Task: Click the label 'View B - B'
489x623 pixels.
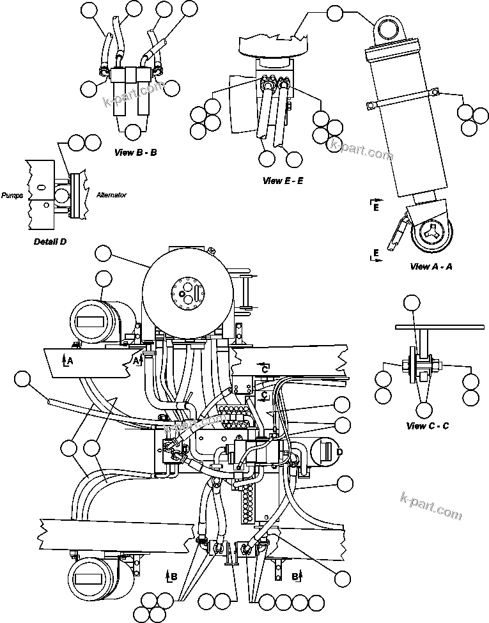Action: pyautogui.click(x=136, y=153)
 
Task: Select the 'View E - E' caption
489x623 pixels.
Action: pyautogui.click(x=283, y=181)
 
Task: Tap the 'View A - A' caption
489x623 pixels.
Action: pyautogui.click(x=431, y=266)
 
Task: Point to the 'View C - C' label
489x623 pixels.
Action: pyautogui.click(x=427, y=426)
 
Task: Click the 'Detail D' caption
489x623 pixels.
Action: pyautogui.click(x=50, y=242)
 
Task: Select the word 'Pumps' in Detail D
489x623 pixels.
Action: pyautogui.click(x=12, y=196)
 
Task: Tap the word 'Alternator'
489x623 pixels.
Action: pyautogui.click(x=111, y=195)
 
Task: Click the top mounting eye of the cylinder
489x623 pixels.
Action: pyautogui.click(x=389, y=29)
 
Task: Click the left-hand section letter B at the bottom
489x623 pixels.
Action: pyautogui.click(x=173, y=576)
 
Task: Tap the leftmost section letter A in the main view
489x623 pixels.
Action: pyautogui.click(x=70, y=361)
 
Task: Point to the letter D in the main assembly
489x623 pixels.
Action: pyautogui.click(x=339, y=452)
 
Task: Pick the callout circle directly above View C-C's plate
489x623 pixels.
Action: pyautogui.click(x=414, y=304)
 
